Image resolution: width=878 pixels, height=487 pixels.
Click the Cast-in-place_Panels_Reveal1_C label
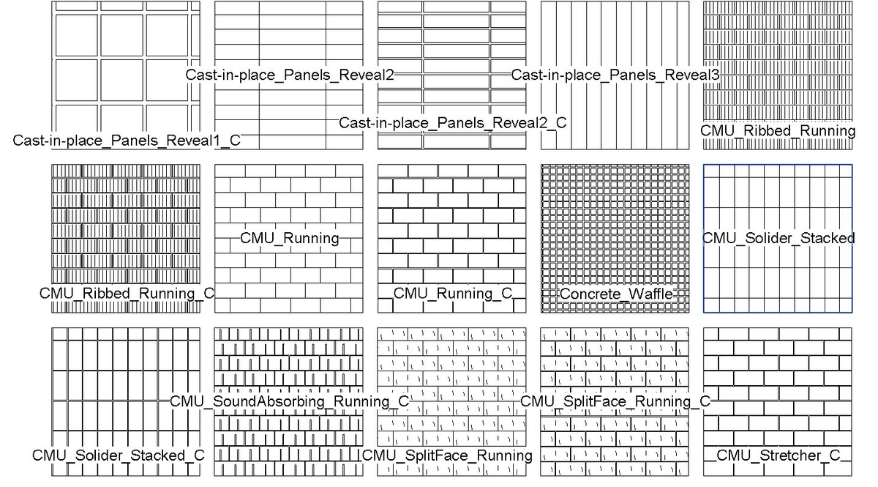[x=127, y=141]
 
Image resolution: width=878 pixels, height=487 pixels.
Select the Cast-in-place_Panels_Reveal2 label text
[x=290, y=75]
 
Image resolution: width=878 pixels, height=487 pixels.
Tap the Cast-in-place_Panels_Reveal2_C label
[x=452, y=123]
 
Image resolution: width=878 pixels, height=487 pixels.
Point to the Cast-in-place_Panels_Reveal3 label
[x=615, y=75]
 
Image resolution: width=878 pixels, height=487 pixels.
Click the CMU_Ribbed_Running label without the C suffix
[x=778, y=131]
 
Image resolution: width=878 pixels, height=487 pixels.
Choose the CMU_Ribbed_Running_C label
[x=127, y=294]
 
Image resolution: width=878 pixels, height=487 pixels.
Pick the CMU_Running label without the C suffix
[x=290, y=238]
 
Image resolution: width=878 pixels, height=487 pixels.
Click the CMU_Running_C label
[x=452, y=294]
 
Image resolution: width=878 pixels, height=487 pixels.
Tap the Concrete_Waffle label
[x=615, y=294]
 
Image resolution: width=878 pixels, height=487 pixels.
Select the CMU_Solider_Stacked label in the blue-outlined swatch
[x=778, y=238]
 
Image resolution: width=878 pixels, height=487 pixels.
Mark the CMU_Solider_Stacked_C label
[x=118, y=456]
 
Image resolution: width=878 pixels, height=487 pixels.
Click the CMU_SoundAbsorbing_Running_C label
[x=290, y=401]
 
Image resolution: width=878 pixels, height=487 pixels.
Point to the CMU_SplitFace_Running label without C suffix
[x=448, y=456]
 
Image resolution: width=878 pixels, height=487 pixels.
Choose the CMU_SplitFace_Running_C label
[x=615, y=401]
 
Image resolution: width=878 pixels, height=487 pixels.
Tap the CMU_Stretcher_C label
[x=778, y=456]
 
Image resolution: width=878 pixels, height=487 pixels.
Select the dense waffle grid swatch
[x=615, y=220]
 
